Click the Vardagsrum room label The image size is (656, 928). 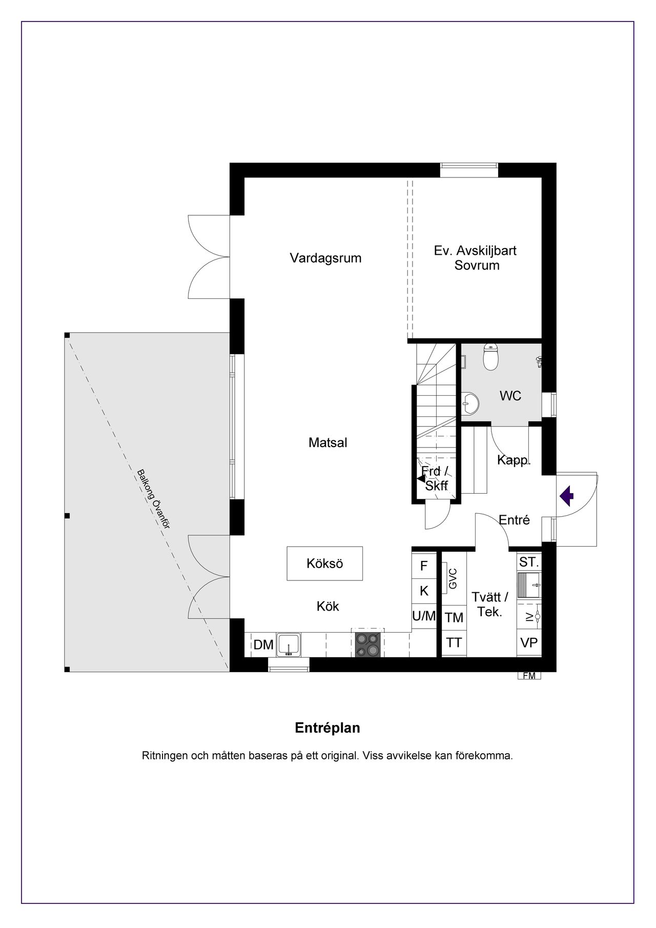(325, 258)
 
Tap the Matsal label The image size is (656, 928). (327, 442)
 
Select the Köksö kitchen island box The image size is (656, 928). (324, 563)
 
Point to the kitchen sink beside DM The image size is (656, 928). (289, 645)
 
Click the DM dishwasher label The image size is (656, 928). (263, 645)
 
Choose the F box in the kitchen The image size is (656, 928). (424, 566)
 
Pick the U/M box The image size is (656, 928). (424, 616)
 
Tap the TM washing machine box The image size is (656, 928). (454, 618)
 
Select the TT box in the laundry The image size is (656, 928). (454, 642)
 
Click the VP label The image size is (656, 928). (529, 642)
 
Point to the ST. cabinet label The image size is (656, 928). (529, 562)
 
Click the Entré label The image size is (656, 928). (514, 520)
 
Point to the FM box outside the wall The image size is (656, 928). (529, 676)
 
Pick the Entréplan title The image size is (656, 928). (327, 728)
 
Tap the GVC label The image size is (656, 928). (452, 579)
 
